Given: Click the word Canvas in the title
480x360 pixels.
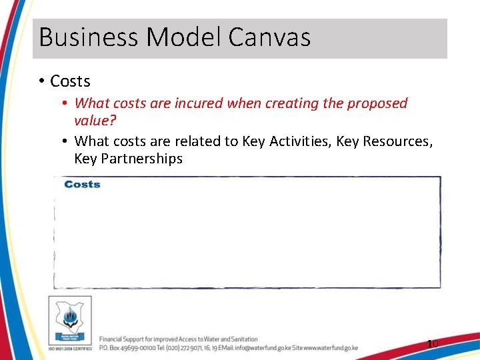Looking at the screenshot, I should pyautogui.click(x=269, y=37).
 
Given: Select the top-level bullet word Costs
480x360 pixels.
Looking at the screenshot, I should pyautogui.click(x=70, y=81).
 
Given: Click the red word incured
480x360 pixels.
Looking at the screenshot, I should pyautogui.click(x=199, y=103).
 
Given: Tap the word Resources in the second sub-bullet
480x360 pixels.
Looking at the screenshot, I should pyautogui.click(x=397, y=141).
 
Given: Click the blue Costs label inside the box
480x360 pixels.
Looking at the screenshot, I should pyautogui.click(x=82, y=184).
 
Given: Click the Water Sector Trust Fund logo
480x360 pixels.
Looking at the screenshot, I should pyautogui.click(x=70, y=319).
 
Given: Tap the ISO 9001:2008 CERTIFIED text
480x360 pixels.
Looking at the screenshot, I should pyautogui.click(x=70, y=349).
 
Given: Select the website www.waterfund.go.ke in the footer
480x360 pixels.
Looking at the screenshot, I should pyautogui.click(x=331, y=348).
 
